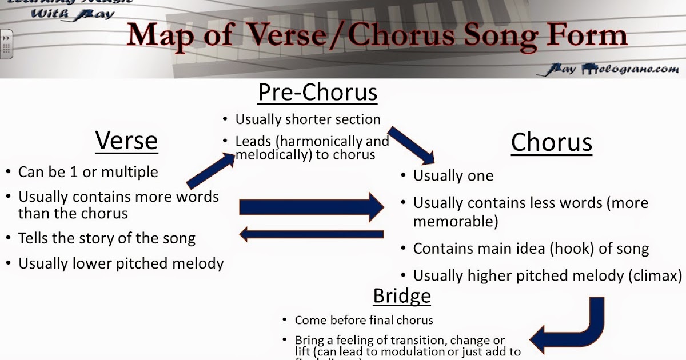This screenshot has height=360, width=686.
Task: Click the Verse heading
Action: pos(126,140)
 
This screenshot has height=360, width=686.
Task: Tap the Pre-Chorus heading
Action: pos(317,92)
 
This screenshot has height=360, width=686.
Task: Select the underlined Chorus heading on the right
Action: pos(551,142)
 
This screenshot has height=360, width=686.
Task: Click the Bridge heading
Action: pos(401,295)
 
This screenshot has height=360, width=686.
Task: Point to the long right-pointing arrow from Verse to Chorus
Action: pos(311,207)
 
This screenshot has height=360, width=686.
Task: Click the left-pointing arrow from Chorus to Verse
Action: pos(311,234)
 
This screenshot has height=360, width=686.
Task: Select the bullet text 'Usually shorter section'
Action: pos(308,119)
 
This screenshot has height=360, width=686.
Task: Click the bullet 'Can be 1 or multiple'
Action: pos(88,171)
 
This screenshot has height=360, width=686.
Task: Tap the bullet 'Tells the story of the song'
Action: pos(107,238)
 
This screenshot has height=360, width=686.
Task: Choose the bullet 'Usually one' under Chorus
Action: pos(453,176)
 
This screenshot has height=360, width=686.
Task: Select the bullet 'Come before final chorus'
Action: pos(364,320)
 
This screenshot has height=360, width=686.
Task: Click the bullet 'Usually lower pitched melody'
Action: pos(121,263)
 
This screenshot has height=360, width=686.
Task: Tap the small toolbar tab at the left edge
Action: pos(6,44)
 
